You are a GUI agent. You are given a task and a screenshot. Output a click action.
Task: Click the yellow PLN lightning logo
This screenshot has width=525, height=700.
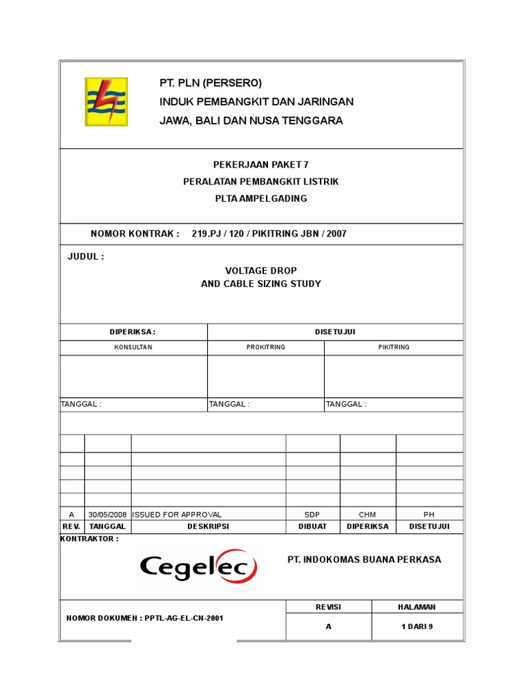click(x=106, y=102)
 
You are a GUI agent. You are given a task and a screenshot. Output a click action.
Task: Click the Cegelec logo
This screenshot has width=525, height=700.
click(x=198, y=567)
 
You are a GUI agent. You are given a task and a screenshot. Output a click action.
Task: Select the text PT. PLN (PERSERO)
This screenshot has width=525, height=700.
click(x=211, y=83)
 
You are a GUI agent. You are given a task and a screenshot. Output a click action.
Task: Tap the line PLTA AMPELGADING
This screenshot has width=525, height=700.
click(x=261, y=199)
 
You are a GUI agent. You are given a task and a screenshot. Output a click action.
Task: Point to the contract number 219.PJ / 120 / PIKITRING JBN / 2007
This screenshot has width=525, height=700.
click(x=269, y=234)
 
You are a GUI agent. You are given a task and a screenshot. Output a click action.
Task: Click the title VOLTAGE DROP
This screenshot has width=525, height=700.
click(x=261, y=271)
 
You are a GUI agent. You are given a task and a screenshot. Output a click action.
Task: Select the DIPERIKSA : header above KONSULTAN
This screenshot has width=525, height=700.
click(x=133, y=332)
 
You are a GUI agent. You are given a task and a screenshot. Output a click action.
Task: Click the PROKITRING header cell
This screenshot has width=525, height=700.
click(x=266, y=347)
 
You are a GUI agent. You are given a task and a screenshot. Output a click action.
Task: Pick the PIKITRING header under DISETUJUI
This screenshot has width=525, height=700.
click(x=394, y=347)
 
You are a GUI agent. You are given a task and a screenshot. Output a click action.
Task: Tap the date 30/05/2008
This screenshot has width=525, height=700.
click(x=107, y=515)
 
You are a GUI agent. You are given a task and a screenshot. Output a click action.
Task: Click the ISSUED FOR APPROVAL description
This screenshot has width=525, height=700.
click(x=177, y=515)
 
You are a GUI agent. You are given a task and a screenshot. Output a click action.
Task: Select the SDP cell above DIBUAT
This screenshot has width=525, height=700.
click(x=312, y=515)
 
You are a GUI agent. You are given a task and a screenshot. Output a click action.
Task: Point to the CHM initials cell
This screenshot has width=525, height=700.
click(x=367, y=515)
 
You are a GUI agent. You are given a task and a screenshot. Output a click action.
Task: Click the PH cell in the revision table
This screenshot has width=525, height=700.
click(x=429, y=515)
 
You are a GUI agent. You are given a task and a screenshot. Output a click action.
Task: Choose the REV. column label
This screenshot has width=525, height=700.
click(x=72, y=526)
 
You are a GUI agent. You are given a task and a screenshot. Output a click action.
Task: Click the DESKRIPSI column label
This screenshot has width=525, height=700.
click(x=208, y=526)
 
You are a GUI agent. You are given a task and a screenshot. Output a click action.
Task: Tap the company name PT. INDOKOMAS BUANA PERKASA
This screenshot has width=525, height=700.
click(x=364, y=560)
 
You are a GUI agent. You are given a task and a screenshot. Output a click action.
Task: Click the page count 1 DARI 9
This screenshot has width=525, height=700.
click(x=417, y=626)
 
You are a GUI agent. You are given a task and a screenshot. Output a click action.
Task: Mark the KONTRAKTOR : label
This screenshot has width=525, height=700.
click(x=90, y=539)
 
